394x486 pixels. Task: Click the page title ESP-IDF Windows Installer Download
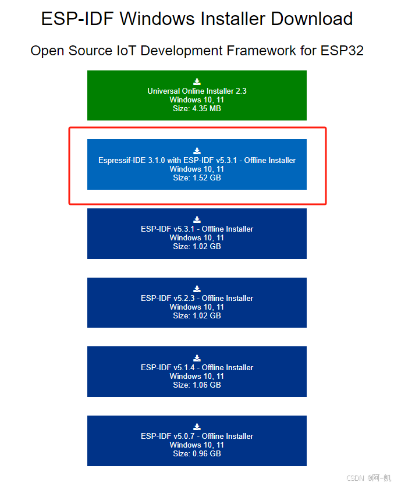(197, 19)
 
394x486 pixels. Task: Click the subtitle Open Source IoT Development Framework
(197, 51)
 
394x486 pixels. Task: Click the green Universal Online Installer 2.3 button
(197, 95)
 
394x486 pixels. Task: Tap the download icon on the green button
(197, 81)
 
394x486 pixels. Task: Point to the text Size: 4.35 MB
(197, 108)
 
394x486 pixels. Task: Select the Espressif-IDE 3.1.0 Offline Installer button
(197, 164)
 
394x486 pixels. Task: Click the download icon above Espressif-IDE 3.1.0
(197, 151)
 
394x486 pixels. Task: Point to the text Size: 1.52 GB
(197, 178)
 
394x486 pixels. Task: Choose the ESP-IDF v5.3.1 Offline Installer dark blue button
(197, 233)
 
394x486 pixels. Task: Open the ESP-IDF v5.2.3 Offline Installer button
(197, 303)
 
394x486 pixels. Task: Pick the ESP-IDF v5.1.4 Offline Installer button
(197, 372)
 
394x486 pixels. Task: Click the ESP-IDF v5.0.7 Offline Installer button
(197, 441)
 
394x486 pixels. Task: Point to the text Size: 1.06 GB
(197, 385)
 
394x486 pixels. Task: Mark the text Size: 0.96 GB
(197, 453)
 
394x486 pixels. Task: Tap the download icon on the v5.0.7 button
(197, 427)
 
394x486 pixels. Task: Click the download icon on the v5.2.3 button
(197, 289)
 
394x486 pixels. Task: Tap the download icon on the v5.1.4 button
(197, 358)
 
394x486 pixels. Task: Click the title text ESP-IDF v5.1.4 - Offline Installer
(197, 367)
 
